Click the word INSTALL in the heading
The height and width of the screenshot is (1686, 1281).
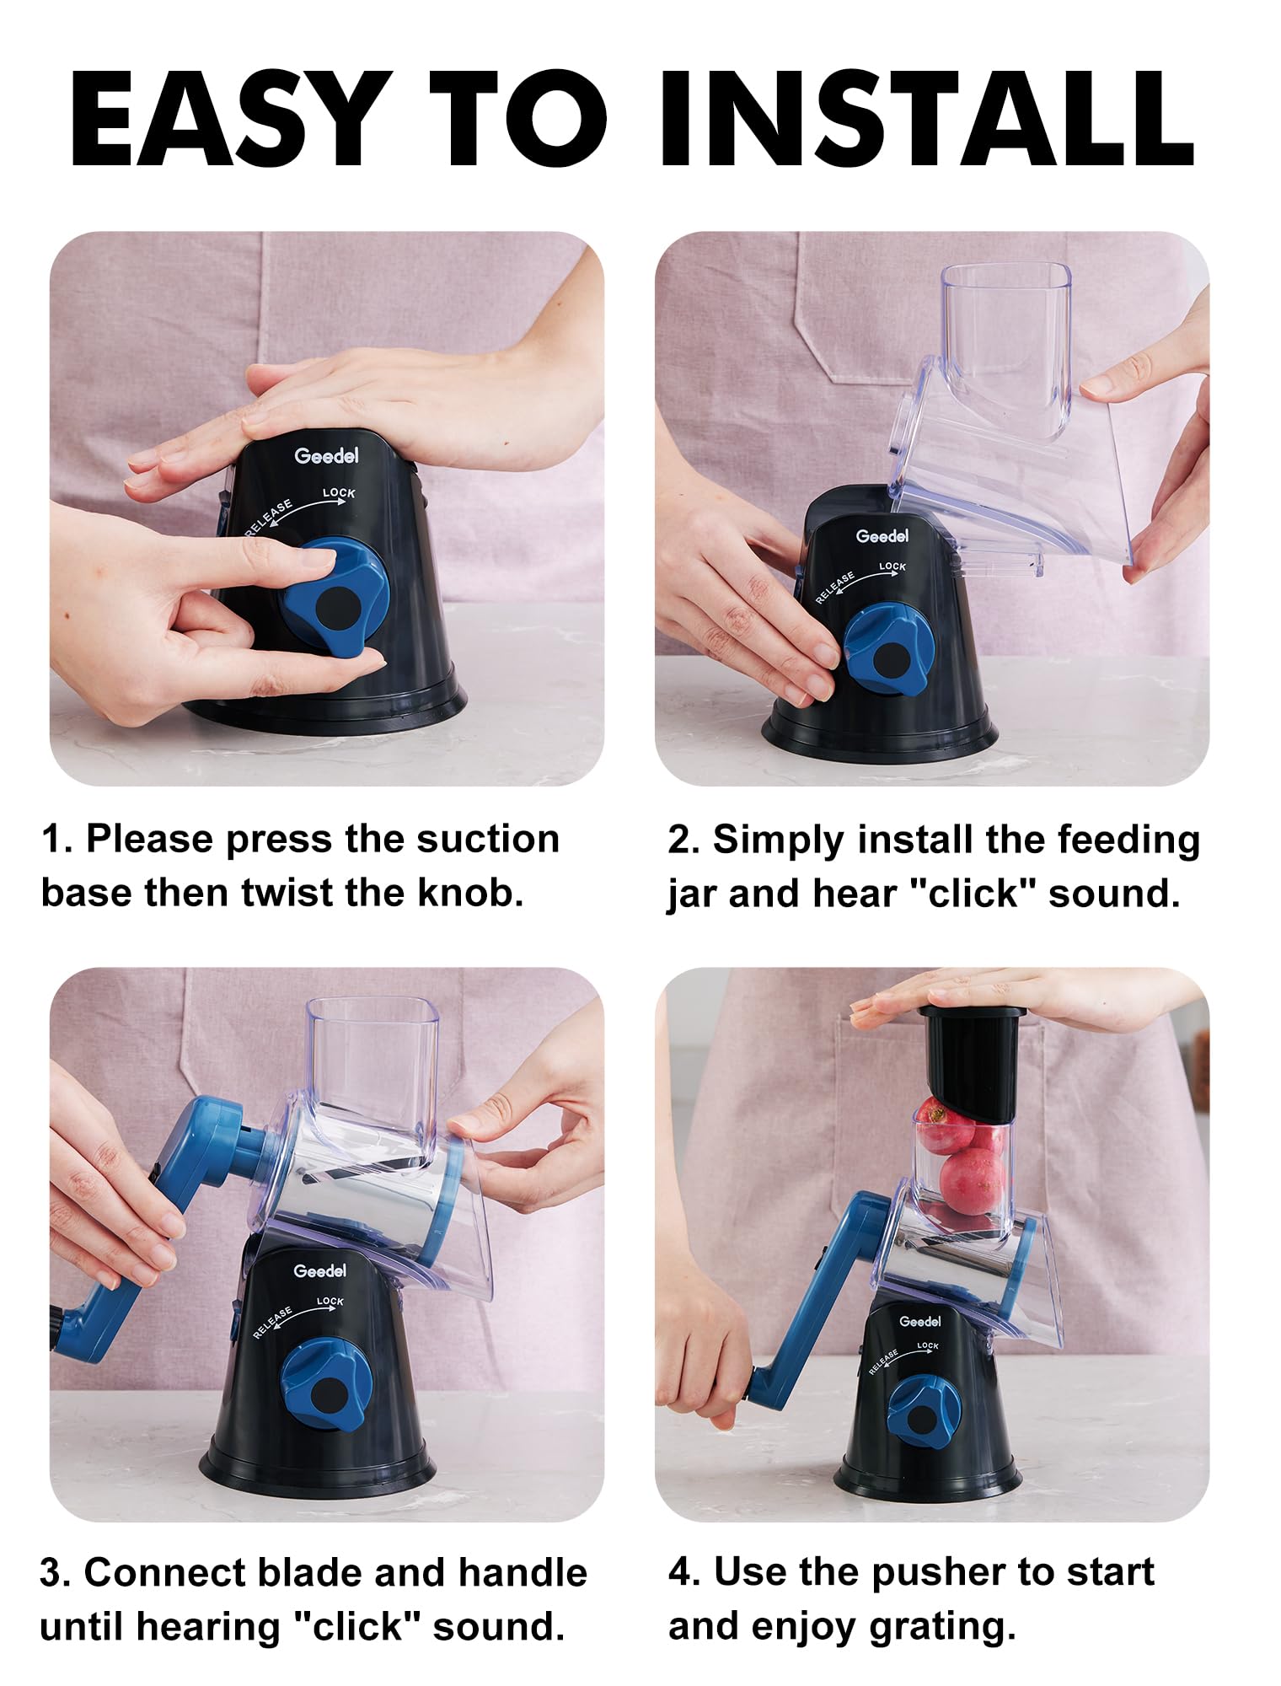(x=928, y=119)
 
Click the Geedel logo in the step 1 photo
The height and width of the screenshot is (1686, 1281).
(x=326, y=455)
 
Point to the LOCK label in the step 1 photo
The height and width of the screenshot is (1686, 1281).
(x=339, y=492)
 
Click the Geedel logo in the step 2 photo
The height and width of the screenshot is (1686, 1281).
(x=882, y=535)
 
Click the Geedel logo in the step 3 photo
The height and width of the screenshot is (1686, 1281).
(x=319, y=1270)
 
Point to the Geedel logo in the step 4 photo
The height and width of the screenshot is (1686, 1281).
(x=920, y=1321)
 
